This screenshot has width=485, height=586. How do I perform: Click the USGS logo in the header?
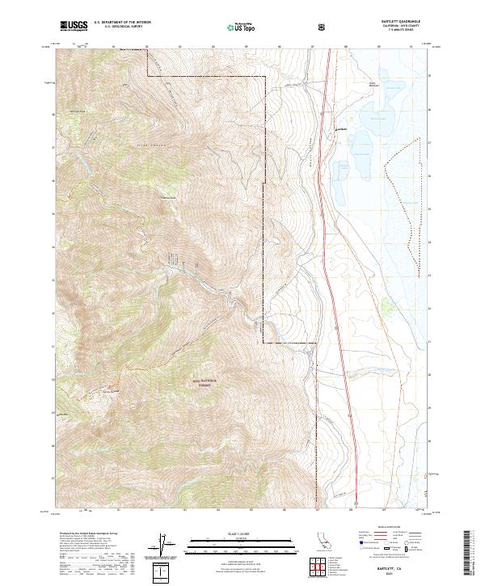74,27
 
